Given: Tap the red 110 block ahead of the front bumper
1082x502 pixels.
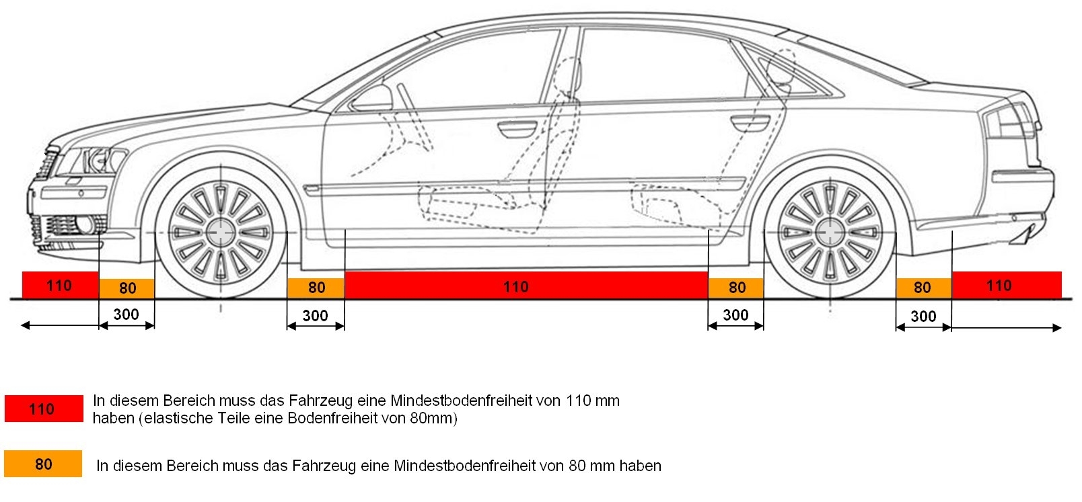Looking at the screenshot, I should (60, 285).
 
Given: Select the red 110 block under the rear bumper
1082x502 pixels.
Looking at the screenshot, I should (1006, 285).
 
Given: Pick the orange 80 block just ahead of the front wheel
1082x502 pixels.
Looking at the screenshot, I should (127, 288).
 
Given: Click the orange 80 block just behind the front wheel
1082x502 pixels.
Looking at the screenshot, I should (316, 288).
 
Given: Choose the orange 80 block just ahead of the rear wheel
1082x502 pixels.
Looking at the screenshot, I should (736, 288).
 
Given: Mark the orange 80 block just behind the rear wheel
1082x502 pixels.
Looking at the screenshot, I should (923, 288).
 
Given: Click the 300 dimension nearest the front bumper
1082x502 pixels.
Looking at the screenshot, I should (127, 315).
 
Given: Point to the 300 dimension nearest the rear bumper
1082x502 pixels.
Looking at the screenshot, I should (923, 316).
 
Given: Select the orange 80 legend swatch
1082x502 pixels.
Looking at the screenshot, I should (43, 464).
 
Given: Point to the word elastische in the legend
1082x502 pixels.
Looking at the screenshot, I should (176, 419).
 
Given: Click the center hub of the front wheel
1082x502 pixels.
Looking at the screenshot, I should (221, 233).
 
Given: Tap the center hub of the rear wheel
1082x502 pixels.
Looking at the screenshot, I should (830, 233).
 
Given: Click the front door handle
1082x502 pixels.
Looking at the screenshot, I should (517, 127).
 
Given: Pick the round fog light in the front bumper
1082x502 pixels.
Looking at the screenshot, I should (85, 225).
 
